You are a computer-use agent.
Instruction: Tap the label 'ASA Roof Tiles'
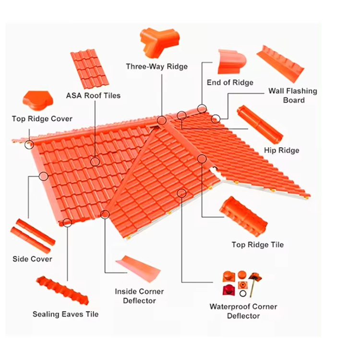(x=93, y=96)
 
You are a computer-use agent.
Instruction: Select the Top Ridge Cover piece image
(x=38, y=101)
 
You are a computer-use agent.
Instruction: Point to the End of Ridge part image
(x=232, y=61)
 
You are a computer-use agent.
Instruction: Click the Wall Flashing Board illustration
(x=280, y=64)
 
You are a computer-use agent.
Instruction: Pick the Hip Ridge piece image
(x=260, y=124)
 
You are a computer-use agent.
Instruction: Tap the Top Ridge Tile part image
(x=243, y=216)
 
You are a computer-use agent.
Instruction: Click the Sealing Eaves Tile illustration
(x=62, y=290)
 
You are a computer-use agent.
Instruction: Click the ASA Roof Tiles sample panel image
(x=90, y=69)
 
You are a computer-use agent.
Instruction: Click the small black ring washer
(x=243, y=293)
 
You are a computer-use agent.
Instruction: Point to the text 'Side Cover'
(x=32, y=259)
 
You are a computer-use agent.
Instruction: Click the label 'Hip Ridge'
(x=282, y=150)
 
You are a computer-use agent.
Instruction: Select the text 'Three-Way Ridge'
(x=157, y=67)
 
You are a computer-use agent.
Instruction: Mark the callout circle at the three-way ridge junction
(x=162, y=120)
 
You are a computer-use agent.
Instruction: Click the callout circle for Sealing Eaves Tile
(x=67, y=222)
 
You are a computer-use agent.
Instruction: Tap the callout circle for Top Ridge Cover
(x=29, y=144)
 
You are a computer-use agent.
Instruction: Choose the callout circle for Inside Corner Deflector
(x=105, y=215)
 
